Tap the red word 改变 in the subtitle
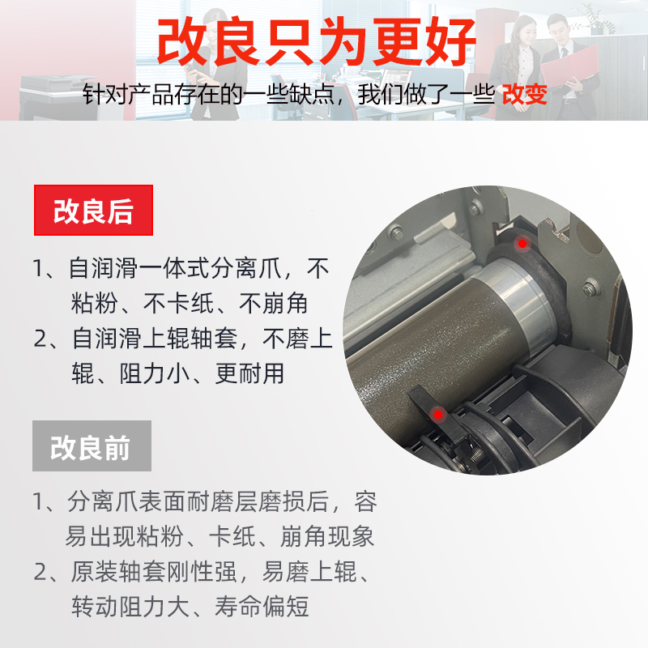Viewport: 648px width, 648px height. [524, 95]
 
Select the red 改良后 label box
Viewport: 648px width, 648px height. [93, 211]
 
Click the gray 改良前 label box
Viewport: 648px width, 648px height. [91, 446]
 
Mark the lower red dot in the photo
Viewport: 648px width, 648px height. [438, 414]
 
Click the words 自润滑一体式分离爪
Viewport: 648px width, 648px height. [176, 269]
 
